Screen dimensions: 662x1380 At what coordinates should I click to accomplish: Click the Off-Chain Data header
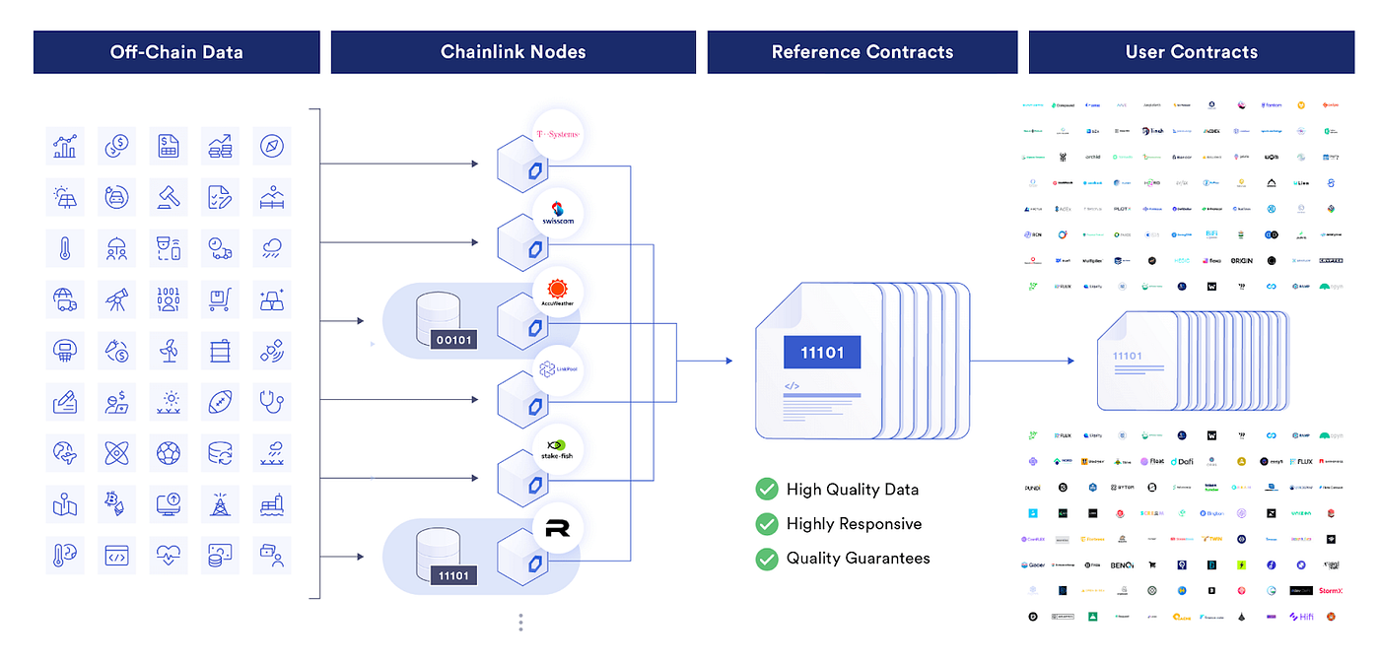click(176, 52)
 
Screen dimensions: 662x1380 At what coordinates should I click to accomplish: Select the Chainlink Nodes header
click(513, 52)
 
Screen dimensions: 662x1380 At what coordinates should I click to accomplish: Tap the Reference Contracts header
click(862, 52)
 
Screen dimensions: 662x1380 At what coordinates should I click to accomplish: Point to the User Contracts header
click(1191, 52)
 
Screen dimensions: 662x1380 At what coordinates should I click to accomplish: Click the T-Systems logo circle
click(557, 135)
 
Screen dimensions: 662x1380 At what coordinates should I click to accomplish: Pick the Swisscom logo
click(557, 214)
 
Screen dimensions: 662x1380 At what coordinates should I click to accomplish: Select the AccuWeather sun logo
click(557, 293)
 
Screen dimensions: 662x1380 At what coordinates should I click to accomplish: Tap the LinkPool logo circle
click(557, 370)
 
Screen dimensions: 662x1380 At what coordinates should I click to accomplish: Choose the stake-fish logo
click(557, 449)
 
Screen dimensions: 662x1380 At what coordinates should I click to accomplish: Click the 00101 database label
click(453, 340)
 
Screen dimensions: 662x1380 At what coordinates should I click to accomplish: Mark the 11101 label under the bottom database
click(453, 575)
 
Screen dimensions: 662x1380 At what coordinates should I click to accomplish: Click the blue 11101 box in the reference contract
click(821, 353)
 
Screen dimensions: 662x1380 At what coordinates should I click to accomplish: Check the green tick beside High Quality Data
click(766, 489)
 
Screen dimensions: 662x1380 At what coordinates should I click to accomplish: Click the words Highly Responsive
click(854, 524)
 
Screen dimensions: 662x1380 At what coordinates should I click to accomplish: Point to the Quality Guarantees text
click(858, 559)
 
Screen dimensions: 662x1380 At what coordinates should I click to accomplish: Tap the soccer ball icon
click(169, 453)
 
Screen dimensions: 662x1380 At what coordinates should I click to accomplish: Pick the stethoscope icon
click(272, 401)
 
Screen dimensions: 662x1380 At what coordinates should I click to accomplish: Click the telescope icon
click(117, 298)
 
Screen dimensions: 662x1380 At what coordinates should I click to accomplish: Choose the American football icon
click(220, 401)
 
